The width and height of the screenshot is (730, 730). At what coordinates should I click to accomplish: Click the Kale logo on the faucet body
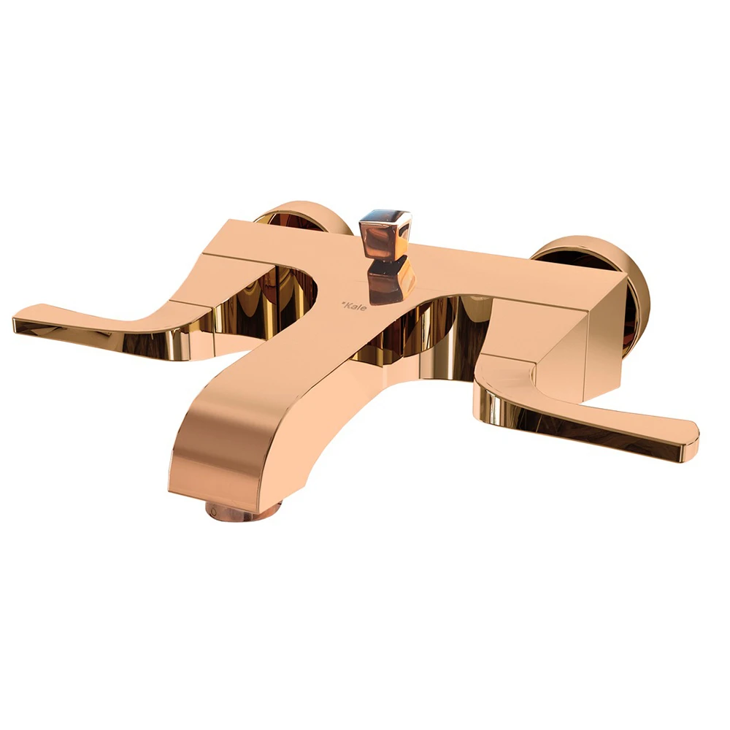pos(354,307)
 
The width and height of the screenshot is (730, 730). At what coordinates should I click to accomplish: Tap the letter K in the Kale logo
pos(347,305)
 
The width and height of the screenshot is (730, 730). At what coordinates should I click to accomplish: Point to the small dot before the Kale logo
pos(342,304)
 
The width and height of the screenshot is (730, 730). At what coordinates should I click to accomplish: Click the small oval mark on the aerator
pos(214,511)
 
